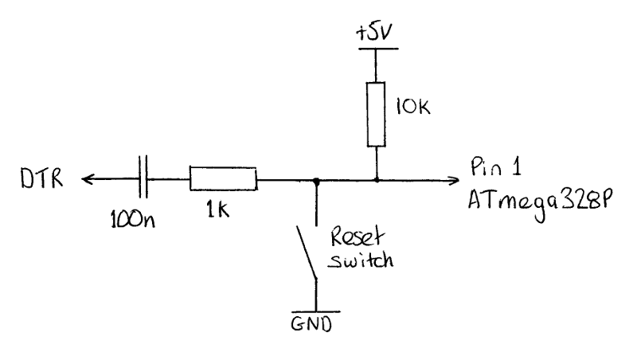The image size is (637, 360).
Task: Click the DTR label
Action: pos(42,178)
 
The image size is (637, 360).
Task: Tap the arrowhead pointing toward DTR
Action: pos(88,178)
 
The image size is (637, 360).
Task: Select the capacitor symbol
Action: pos(143,176)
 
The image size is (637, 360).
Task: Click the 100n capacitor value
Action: pos(133,219)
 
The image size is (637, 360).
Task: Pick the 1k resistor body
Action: pos(223,178)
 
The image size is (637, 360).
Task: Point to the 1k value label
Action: pos(218,209)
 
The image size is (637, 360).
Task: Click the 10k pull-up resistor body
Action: pos(376,114)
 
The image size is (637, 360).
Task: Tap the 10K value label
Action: pos(412,107)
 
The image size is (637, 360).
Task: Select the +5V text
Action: pos(374,33)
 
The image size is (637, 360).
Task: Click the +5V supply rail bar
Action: pos(378,49)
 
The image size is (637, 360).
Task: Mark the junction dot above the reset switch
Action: pos(316,181)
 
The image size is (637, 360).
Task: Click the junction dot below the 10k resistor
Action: pos(377,179)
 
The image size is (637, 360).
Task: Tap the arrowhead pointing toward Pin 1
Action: pos(454,179)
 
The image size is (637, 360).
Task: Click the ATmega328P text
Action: pos(540,202)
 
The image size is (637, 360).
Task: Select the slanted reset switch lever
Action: pos(307,252)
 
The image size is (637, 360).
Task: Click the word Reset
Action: pos(357,237)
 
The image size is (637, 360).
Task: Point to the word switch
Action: pos(361,260)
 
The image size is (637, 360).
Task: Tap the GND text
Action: pos(311,324)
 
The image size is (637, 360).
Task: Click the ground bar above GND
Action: pos(315,312)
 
